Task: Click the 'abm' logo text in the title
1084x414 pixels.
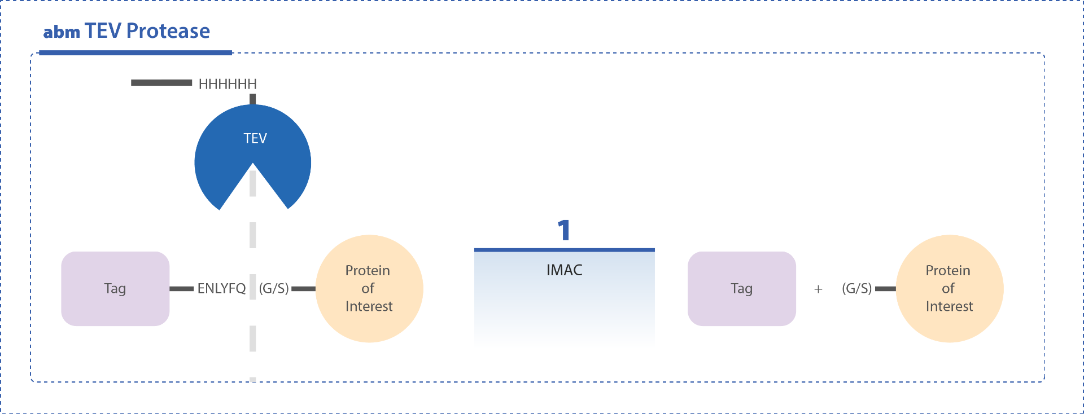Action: pos(62,32)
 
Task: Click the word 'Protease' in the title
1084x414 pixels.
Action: pos(168,31)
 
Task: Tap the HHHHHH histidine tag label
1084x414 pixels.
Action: pos(228,84)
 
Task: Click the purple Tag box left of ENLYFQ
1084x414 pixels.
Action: pos(115,289)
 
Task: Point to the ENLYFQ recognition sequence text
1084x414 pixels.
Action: pos(221,289)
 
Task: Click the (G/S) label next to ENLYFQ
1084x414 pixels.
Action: pos(274,289)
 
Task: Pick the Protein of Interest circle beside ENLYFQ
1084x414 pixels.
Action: pos(369,289)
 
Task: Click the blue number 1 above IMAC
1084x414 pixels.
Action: pos(564,230)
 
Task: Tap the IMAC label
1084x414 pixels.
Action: pos(564,270)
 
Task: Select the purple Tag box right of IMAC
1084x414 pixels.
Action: pos(742,289)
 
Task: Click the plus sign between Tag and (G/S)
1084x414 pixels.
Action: pos(818,289)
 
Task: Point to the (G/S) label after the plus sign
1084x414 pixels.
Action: pos(857,289)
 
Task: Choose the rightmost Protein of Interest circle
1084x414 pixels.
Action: pos(950,289)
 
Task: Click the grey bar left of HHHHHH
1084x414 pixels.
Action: pos(161,83)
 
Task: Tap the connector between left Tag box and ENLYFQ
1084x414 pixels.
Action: pos(182,289)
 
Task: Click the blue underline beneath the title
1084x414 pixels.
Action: pos(135,53)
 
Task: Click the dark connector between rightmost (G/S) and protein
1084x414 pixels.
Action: pos(885,289)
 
